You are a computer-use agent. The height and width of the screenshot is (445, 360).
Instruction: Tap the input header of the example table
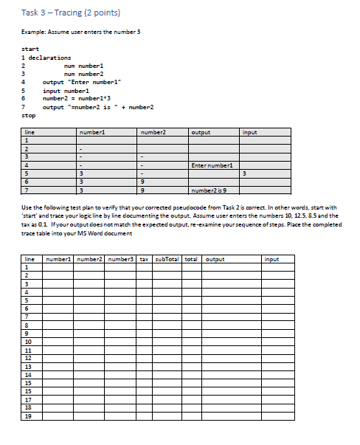(250, 132)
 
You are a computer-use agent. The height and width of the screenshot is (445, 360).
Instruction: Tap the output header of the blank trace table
(215, 259)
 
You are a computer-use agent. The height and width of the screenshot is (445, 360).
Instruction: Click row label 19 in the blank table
(29, 416)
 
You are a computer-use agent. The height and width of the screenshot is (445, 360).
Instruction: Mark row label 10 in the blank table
(29, 342)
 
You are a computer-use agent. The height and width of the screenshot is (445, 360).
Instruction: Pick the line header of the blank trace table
(30, 259)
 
